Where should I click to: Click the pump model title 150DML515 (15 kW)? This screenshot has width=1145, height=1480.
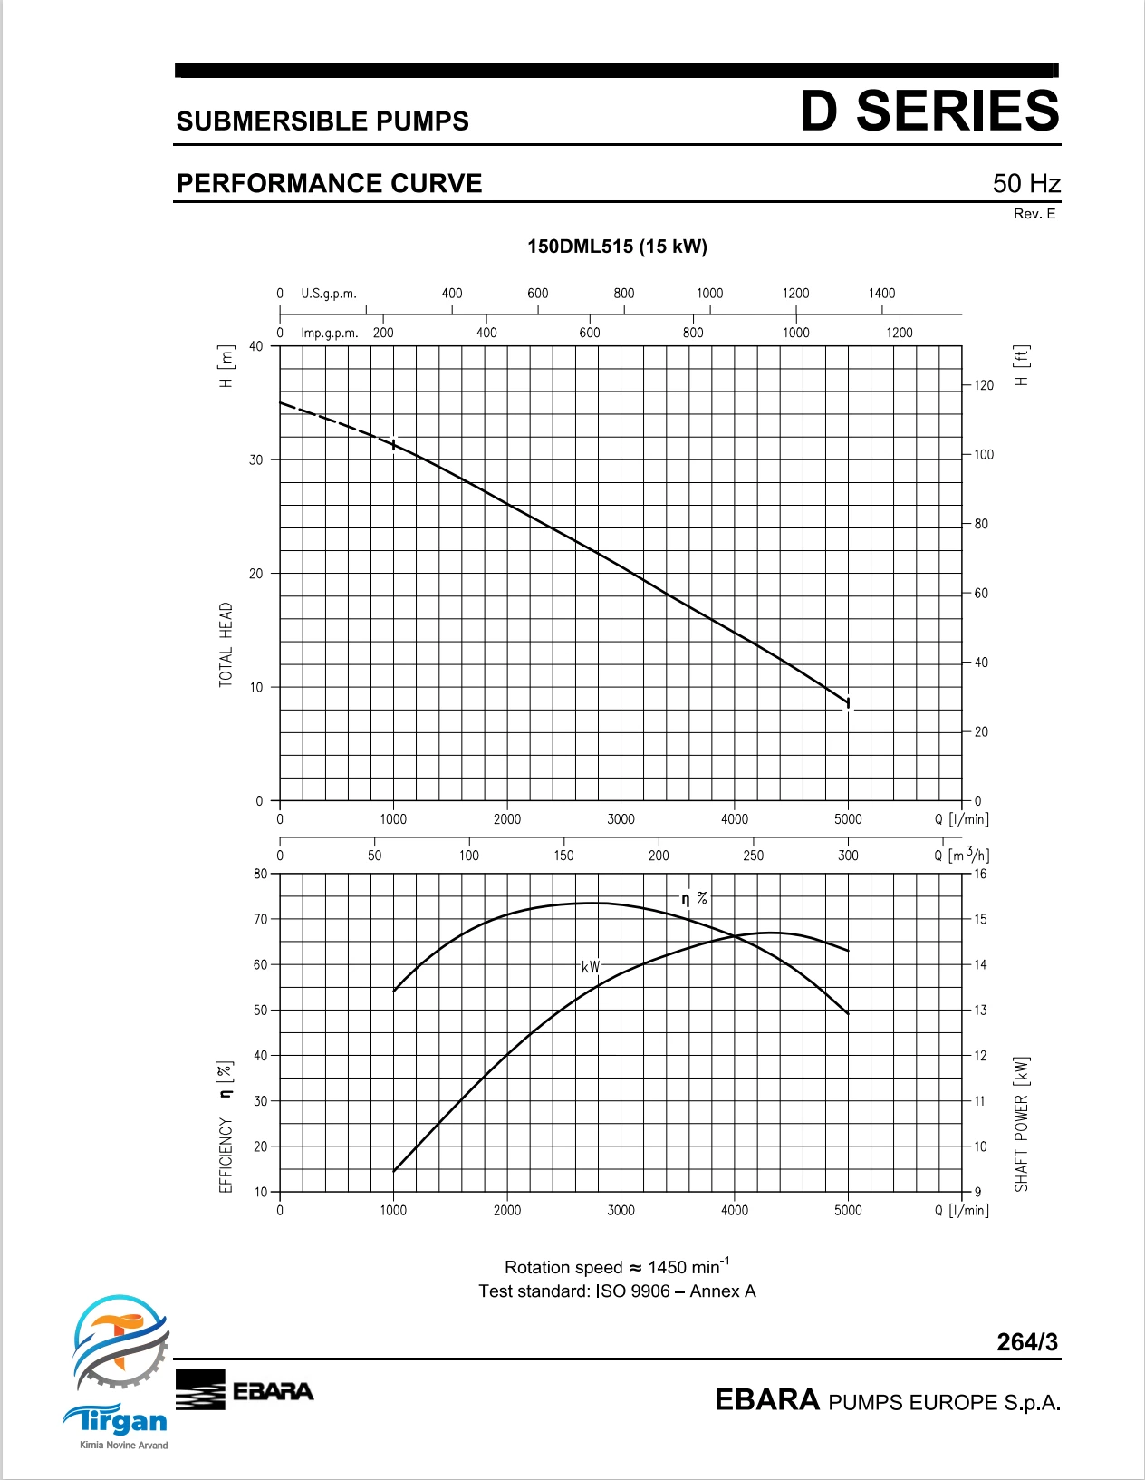[618, 247]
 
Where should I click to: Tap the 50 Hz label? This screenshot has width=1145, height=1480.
[1025, 183]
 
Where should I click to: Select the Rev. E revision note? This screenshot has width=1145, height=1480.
[1034, 214]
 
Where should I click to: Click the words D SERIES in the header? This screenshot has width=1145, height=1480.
[929, 111]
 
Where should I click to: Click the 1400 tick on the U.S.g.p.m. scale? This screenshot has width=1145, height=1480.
[881, 294]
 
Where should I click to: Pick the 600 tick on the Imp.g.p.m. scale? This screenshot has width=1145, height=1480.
[590, 333]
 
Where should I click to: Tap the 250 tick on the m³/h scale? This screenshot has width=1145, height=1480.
[753, 856]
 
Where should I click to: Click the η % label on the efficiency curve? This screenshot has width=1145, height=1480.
[695, 899]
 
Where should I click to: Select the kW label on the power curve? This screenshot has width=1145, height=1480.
[591, 966]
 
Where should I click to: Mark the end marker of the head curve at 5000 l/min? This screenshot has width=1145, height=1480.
[848, 703]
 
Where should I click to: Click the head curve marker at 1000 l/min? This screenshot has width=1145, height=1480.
[393, 444]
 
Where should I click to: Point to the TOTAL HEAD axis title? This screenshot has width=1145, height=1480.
[226, 644]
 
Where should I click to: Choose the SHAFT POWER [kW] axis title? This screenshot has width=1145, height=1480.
[1021, 1124]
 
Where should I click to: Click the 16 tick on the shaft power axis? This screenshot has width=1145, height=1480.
[979, 874]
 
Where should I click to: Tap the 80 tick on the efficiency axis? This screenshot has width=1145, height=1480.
[261, 874]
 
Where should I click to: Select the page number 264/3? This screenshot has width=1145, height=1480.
[1027, 1341]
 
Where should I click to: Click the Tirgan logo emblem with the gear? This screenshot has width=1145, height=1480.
[121, 1343]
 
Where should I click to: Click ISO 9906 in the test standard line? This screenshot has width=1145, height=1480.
[632, 1291]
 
